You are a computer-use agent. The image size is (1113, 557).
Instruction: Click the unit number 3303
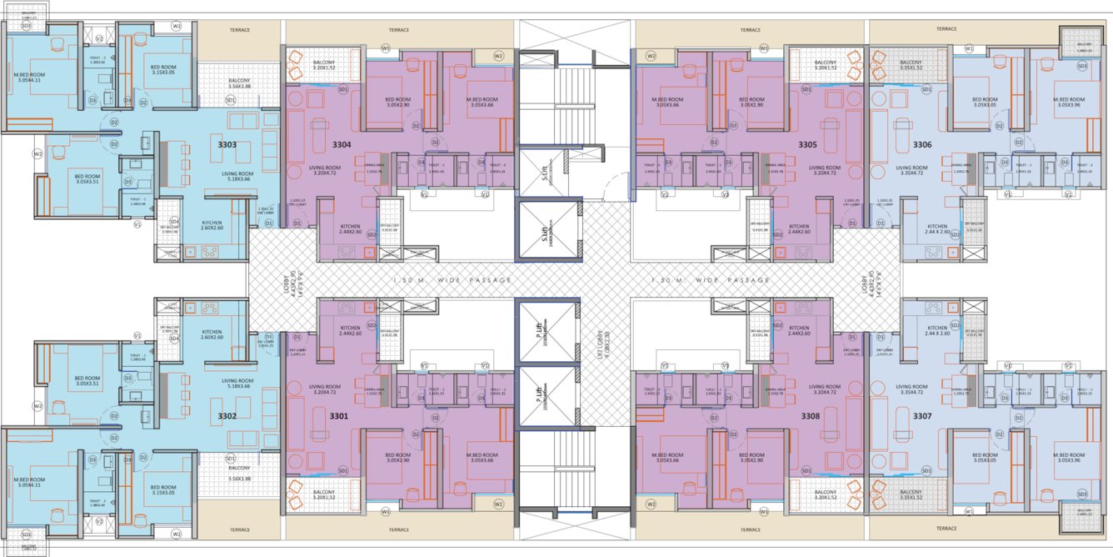pyautogui.click(x=227, y=145)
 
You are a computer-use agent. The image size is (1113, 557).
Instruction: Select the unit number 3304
pyautogui.click(x=342, y=145)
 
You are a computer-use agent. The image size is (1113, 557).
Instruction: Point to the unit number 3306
pyautogui.click(x=922, y=145)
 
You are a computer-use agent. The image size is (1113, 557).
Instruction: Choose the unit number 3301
pyautogui.click(x=342, y=414)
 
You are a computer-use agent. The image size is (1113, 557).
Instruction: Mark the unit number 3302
pyautogui.click(x=227, y=414)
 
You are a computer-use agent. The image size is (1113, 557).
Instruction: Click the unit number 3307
pyautogui.click(x=922, y=414)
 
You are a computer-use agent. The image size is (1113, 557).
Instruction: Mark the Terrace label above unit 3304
pyautogui.click(x=399, y=30)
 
